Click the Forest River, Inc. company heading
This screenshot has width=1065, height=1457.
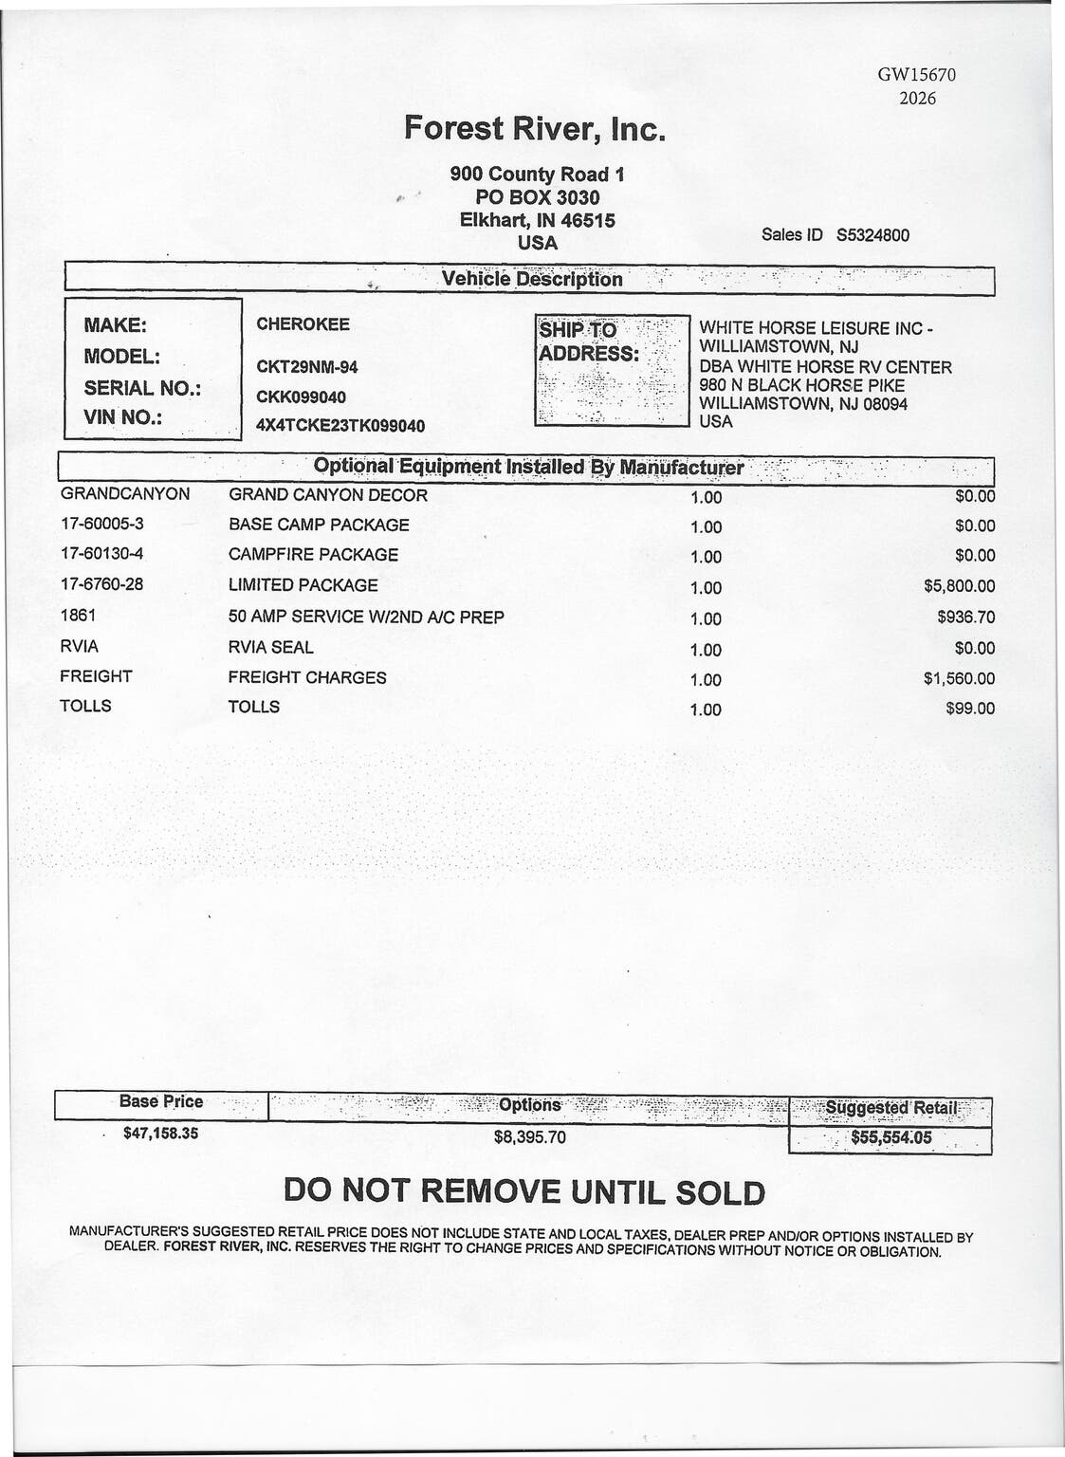click(x=536, y=128)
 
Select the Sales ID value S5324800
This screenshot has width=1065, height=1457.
click(x=872, y=234)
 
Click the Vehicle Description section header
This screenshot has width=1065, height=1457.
click(x=532, y=279)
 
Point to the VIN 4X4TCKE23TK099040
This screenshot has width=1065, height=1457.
click(x=340, y=426)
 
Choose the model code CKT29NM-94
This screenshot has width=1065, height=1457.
click(x=307, y=367)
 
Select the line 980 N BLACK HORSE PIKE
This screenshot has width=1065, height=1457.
click(x=801, y=386)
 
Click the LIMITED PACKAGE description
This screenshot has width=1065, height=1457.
click(x=303, y=585)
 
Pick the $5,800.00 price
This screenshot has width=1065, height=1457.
click(x=960, y=586)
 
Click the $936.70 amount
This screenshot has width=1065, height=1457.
click(x=966, y=617)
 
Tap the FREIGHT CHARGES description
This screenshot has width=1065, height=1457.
click(x=307, y=677)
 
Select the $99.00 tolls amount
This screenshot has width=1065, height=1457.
click(x=971, y=709)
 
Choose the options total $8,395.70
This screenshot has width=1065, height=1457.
click(x=529, y=1136)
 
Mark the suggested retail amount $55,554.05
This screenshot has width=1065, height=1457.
click(x=891, y=1138)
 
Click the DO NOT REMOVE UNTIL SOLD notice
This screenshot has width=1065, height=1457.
click(x=524, y=1191)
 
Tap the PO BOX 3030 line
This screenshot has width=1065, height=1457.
click(x=537, y=197)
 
